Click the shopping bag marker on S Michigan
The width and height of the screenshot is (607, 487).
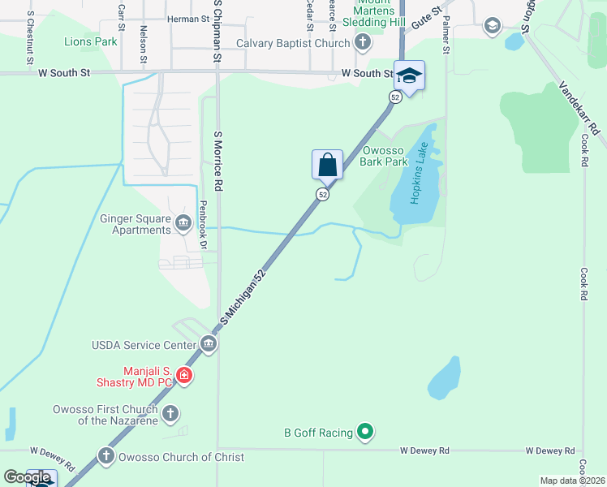[327, 164]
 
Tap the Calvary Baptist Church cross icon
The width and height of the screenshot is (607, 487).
[362, 42]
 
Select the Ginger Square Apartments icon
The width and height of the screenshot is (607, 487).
[182, 222]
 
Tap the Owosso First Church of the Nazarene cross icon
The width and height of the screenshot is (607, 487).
[170, 414]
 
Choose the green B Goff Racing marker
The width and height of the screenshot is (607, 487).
[365, 432]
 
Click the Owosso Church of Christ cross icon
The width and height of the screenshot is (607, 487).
[106, 457]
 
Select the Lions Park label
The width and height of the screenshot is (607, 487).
[90, 41]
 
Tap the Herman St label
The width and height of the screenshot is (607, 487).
[187, 19]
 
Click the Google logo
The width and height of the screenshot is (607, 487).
[26, 477]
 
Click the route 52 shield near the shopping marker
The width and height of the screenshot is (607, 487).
[322, 195]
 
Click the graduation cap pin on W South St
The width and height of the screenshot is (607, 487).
[410, 76]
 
